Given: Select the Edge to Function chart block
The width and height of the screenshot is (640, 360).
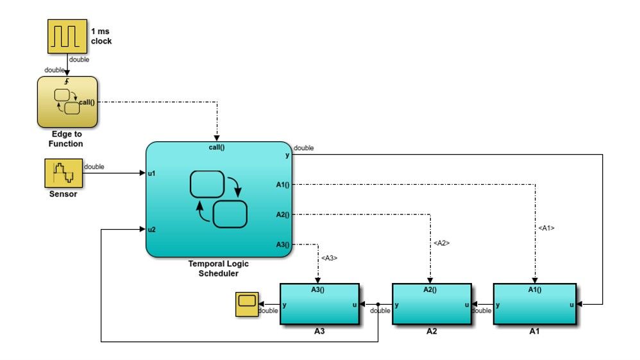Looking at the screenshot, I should click(67, 102).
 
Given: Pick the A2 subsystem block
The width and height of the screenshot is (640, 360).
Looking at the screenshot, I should click(430, 304).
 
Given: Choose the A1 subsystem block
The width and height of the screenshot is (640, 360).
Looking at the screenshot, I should click(534, 304).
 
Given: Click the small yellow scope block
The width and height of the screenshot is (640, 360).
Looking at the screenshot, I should click(247, 301).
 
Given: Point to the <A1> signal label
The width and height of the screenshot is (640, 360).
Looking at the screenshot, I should click(546, 228).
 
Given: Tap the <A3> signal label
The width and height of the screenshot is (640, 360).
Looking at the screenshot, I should click(329, 258).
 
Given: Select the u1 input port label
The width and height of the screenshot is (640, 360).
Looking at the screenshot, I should click(152, 173).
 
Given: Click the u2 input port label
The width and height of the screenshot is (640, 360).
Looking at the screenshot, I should click(152, 229).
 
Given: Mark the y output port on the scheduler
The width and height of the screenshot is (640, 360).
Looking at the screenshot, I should click(287, 155).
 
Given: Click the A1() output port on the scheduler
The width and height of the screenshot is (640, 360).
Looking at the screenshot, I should click(283, 185).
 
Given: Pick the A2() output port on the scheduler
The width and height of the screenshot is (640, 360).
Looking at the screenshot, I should click(283, 214).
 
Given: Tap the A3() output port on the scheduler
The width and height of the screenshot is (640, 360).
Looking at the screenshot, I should click(283, 244).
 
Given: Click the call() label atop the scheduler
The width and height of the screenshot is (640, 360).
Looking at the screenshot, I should click(218, 147).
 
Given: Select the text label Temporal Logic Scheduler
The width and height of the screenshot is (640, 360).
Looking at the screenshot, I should click(218, 268).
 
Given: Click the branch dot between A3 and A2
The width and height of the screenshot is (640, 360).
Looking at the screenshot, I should click(379, 305).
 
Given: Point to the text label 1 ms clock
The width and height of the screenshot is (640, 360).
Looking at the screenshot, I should click(101, 37).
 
